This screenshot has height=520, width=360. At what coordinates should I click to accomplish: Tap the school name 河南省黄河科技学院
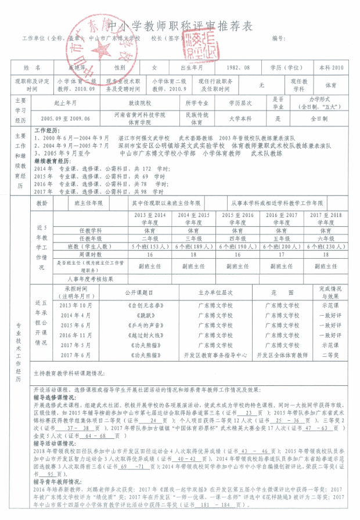coord(139,115)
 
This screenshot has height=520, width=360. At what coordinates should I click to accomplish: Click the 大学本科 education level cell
coord(240,118)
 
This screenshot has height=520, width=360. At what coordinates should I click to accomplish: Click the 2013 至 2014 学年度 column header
coord(150,219)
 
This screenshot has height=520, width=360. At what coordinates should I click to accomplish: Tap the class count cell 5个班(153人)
coord(150,246)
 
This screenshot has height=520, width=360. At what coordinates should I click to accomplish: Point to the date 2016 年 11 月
coord(76,335)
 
